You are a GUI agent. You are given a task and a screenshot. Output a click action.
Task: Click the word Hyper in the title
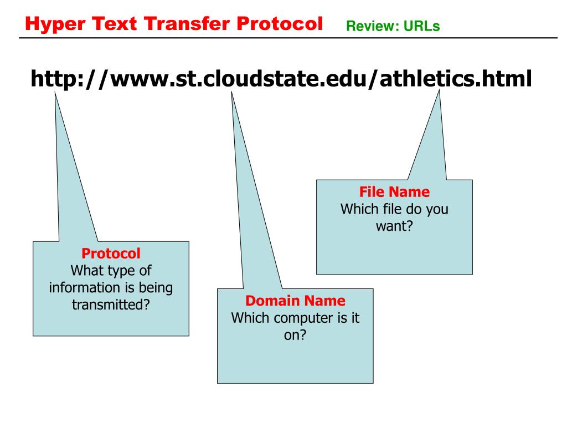pyautogui.click(x=55, y=24)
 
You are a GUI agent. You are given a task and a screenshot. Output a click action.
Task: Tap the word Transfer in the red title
pyautogui.click(x=187, y=23)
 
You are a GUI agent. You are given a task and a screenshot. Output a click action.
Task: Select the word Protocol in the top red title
pyautogui.click(x=280, y=23)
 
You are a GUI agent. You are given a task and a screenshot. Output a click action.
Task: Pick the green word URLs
pyautogui.click(x=421, y=26)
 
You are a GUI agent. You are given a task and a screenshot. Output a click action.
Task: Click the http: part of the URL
pyautogui.click(x=57, y=79)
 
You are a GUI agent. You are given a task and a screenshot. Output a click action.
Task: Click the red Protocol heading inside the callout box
pyautogui.click(x=111, y=253)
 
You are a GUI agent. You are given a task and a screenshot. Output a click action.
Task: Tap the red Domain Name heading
pyautogui.click(x=295, y=301)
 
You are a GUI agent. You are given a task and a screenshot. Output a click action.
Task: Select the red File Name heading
pyautogui.click(x=394, y=191)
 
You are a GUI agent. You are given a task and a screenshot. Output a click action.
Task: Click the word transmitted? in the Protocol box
pyautogui.click(x=111, y=305)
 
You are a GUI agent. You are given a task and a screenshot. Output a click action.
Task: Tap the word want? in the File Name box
pyautogui.click(x=394, y=226)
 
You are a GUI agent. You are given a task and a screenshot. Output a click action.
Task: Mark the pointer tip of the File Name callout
pyautogui.click(x=439, y=90)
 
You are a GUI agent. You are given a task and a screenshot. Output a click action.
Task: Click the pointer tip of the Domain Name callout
pyautogui.click(x=231, y=92)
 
